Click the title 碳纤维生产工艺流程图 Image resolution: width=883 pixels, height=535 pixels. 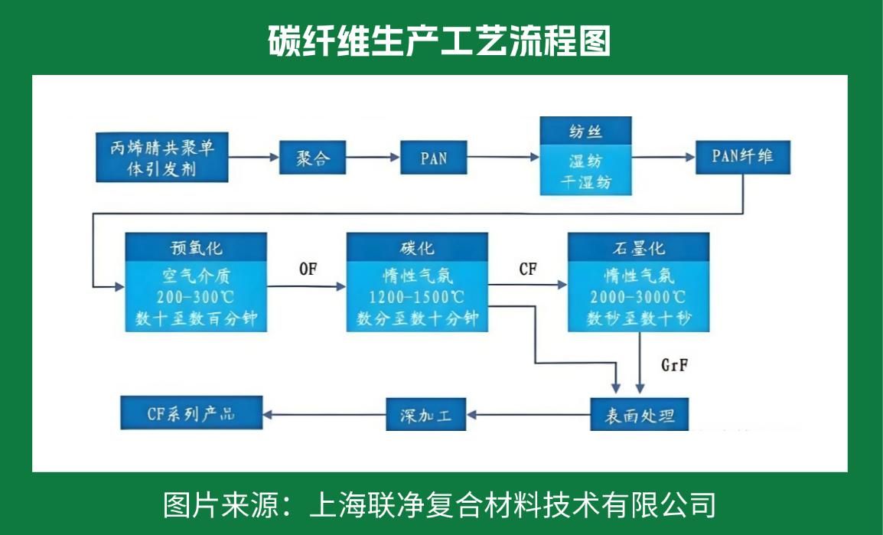pyautogui.click(x=440, y=41)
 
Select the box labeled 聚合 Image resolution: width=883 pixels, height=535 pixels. pyautogui.click(x=311, y=158)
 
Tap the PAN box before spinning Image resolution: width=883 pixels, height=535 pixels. pyautogui.click(x=434, y=158)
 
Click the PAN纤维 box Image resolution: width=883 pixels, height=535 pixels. pyautogui.click(x=742, y=157)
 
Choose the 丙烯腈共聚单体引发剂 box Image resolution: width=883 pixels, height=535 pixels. pyautogui.click(x=162, y=157)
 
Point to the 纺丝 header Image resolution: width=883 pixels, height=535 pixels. pyautogui.click(x=585, y=131)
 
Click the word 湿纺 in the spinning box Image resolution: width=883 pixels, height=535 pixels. pyautogui.click(x=585, y=162)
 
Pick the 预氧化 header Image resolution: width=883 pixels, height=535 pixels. pyautogui.click(x=196, y=248)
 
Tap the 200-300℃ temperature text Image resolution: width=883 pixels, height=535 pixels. pyautogui.click(x=196, y=296)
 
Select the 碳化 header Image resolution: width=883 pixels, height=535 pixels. pyautogui.click(x=417, y=248)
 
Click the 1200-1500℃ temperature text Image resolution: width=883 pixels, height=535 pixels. pyautogui.click(x=417, y=296)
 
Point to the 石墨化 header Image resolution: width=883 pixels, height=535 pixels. pyautogui.click(x=638, y=248)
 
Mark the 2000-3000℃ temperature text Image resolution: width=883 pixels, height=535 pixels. pyautogui.click(x=638, y=296)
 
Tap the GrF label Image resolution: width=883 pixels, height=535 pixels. pyautogui.click(x=674, y=364)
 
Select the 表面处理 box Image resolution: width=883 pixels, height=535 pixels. pyautogui.click(x=639, y=415)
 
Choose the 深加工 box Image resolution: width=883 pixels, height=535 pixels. pyautogui.click(x=426, y=415)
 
